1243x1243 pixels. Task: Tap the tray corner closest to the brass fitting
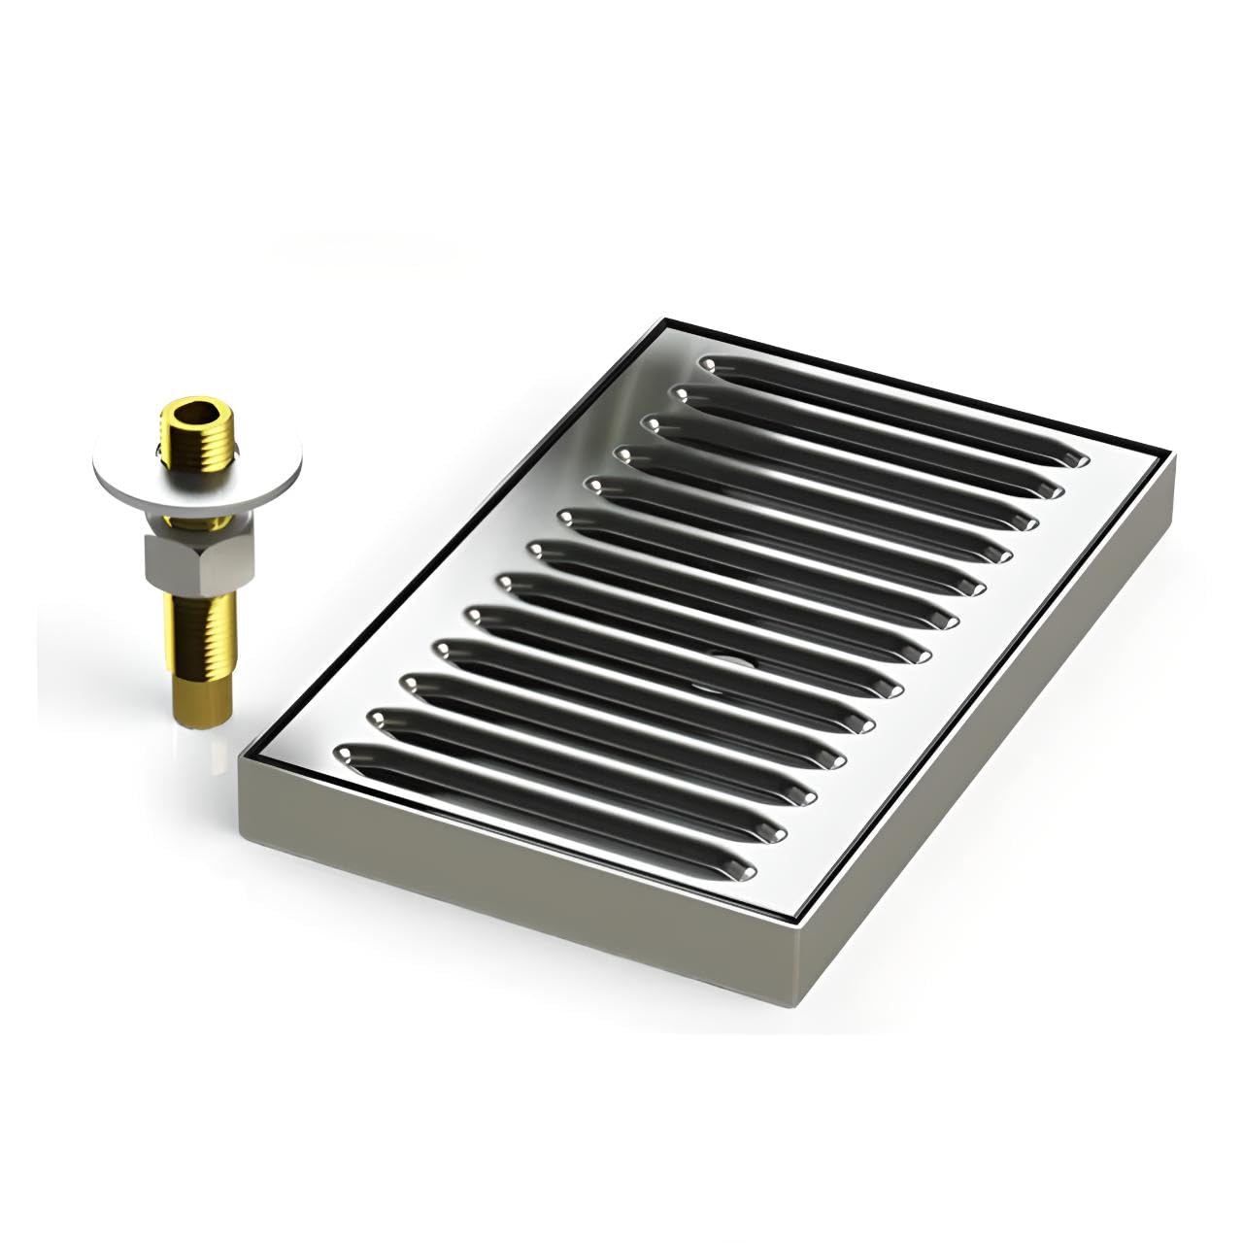point(242,767)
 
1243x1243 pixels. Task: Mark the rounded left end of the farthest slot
point(710,363)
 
